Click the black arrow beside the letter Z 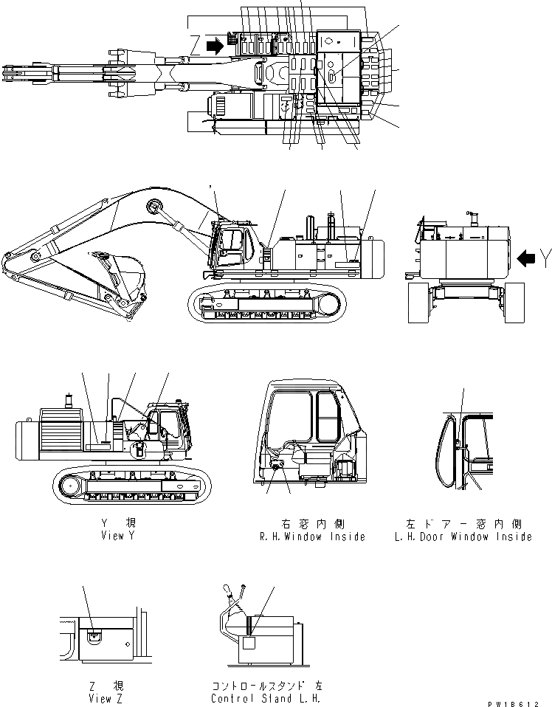215,46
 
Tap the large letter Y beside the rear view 545,258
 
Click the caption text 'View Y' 117,537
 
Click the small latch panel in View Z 94,636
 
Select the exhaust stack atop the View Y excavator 70,401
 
